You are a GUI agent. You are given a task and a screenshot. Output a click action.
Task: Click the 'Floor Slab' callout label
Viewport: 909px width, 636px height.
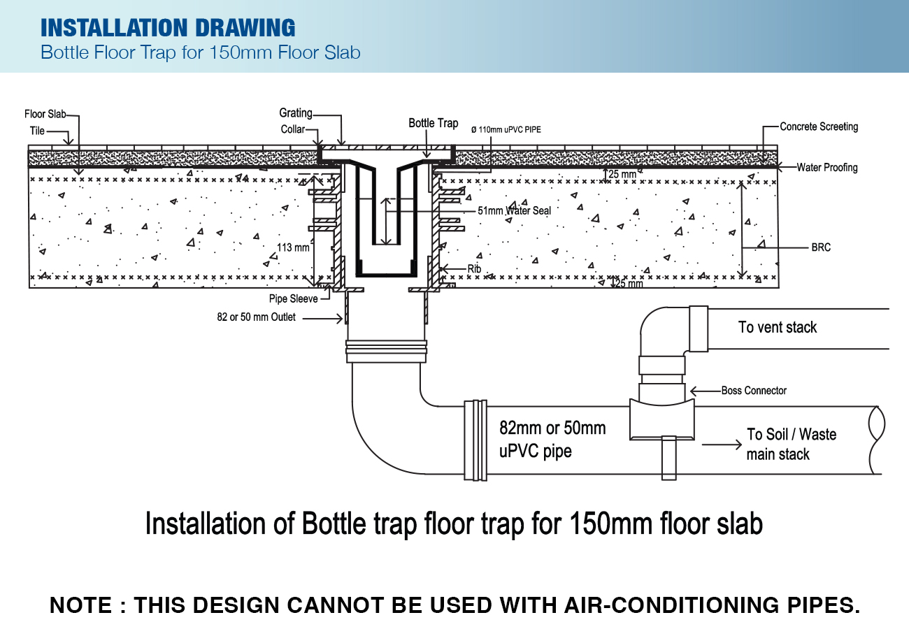[x=45, y=114]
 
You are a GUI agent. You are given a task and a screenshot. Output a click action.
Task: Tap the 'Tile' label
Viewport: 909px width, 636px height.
[x=37, y=131]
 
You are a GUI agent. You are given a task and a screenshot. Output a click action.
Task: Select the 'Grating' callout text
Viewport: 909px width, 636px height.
[x=296, y=113]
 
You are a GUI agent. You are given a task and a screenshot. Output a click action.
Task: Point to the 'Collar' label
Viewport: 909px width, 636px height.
[x=292, y=129]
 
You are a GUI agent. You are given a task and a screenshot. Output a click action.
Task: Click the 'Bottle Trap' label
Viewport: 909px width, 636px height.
[x=434, y=123]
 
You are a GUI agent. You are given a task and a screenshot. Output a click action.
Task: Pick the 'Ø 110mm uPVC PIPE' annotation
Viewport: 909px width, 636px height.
[x=506, y=130]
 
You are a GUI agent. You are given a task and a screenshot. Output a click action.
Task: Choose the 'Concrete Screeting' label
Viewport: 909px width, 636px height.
[x=819, y=127]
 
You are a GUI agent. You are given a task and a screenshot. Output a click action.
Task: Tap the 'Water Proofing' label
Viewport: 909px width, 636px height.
[x=827, y=167]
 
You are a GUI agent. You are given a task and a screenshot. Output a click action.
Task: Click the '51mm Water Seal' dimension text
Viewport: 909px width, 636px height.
[x=514, y=210]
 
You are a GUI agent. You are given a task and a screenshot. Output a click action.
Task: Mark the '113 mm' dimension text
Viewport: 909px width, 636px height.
[x=293, y=247]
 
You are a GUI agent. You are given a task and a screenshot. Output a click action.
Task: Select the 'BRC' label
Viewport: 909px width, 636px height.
[x=821, y=247]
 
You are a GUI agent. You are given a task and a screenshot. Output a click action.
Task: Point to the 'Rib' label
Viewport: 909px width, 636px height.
[x=474, y=268]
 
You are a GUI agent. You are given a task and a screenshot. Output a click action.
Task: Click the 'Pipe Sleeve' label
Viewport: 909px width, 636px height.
[x=294, y=298]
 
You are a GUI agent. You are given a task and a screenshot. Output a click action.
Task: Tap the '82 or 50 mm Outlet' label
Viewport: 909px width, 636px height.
[x=257, y=317]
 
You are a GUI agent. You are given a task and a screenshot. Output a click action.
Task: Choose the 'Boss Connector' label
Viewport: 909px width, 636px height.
[x=754, y=390]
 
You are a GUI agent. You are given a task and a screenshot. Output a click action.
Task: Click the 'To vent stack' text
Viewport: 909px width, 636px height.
[x=778, y=327]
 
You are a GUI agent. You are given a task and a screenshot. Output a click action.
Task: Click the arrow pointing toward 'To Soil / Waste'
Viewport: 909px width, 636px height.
[x=722, y=445]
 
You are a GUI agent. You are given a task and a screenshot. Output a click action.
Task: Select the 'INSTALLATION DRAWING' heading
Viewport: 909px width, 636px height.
[x=168, y=27]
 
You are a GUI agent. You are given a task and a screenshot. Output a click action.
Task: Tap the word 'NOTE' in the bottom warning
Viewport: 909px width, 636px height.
[x=80, y=605]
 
